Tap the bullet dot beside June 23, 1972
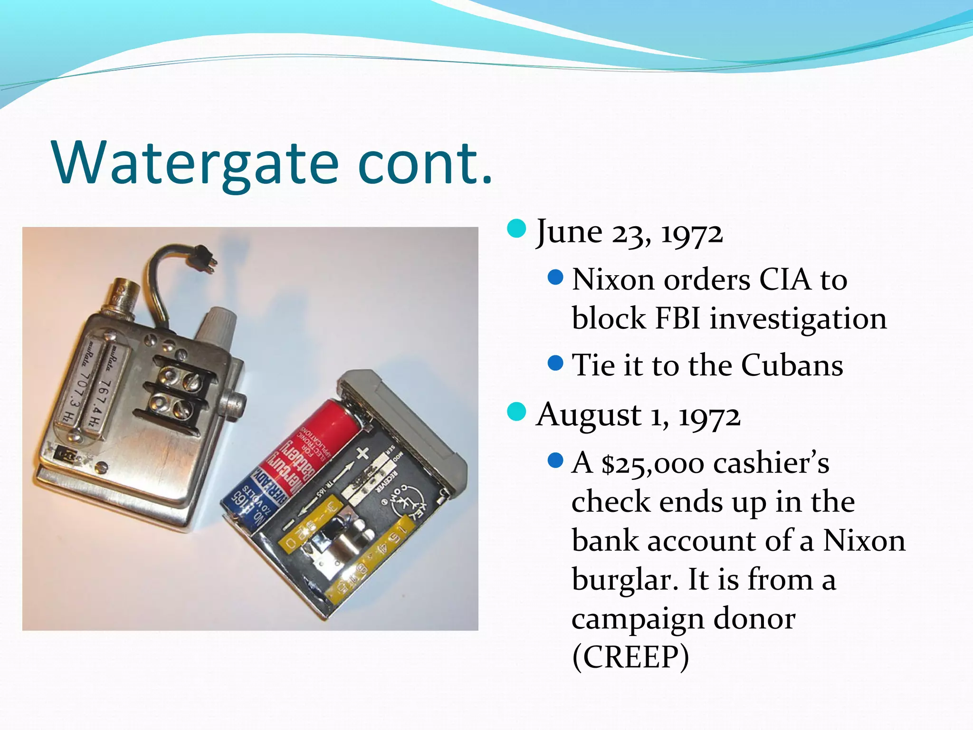[516, 229]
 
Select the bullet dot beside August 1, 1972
[516, 412]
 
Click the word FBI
[677, 318]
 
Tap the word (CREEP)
[630, 657]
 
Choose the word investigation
[798, 319]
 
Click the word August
[588, 415]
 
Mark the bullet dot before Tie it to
[555, 364]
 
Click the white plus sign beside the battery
[362, 453]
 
